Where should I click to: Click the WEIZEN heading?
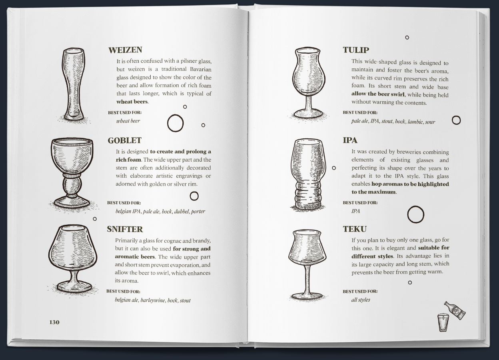click(125, 50)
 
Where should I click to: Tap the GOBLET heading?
click(124, 140)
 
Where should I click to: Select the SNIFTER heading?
click(125, 229)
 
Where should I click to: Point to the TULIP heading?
click(356, 50)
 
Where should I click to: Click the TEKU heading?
click(355, 229)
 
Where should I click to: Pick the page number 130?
click(54, 322)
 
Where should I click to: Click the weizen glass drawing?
click(74, 85)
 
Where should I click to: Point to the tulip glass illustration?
click(309, 83)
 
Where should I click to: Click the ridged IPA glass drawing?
click(308, 174)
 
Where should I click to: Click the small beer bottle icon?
click(455, 310)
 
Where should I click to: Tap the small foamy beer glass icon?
click(443, 322)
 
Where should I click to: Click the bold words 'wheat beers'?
click(132, 102)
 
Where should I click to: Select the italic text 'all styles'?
click(361, 300)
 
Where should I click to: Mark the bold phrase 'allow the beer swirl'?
click(378, 94)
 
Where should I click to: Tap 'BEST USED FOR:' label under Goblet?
click(124, 203)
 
